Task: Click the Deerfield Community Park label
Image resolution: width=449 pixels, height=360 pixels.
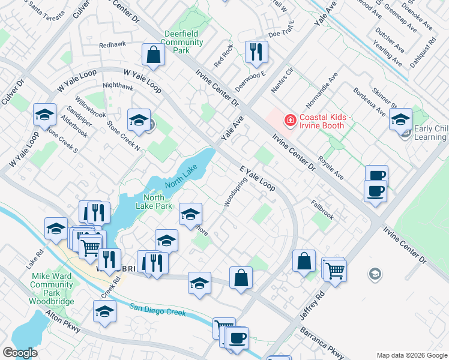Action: (181, 43)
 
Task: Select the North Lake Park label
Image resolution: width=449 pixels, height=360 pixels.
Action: (158, 202)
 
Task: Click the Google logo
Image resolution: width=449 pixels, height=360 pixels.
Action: (20, 352)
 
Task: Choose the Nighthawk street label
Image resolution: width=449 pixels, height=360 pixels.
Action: (118, 86)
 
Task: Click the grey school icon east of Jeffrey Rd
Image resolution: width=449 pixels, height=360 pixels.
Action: (375, 274)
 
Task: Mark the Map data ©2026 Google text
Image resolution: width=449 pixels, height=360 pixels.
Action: (411, 355)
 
